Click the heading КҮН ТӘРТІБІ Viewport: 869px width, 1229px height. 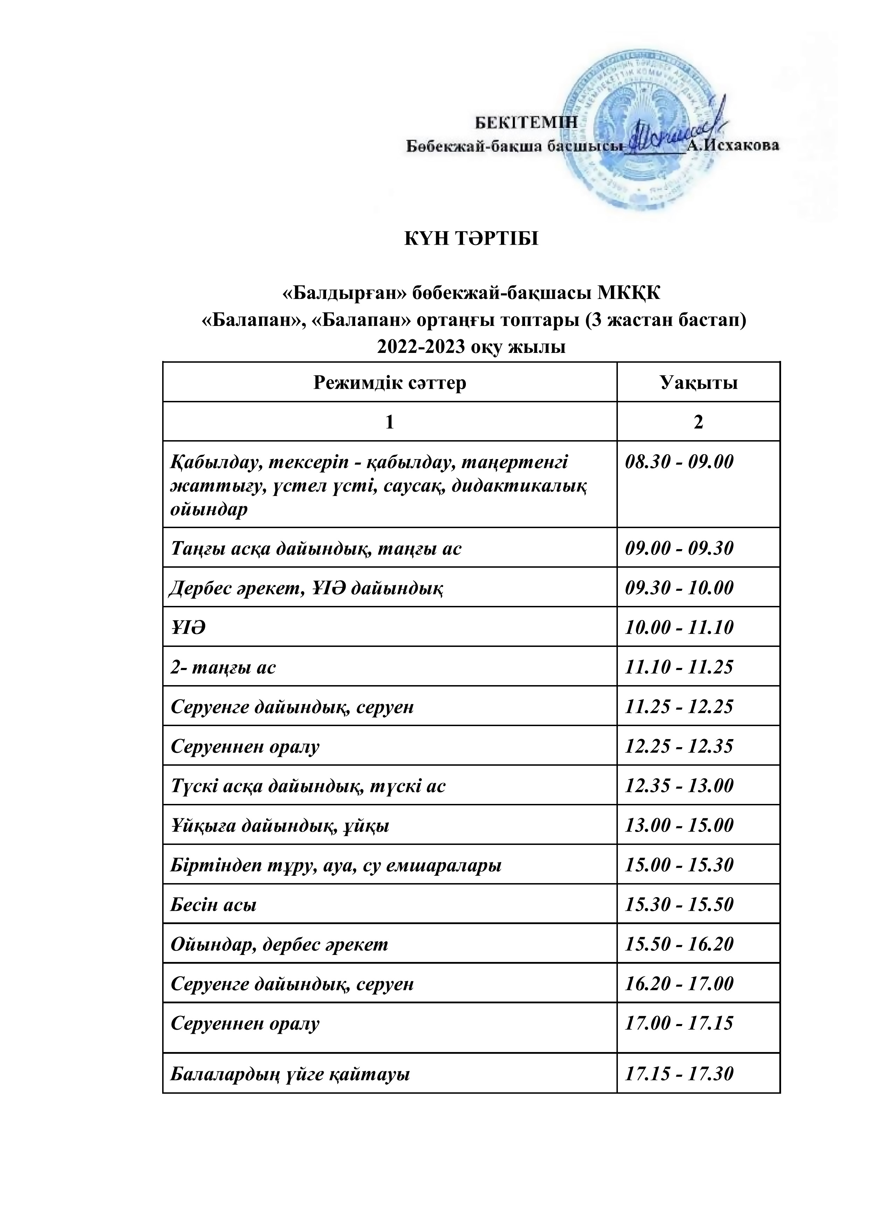[471, 239]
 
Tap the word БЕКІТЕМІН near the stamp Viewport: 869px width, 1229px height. [526, 122]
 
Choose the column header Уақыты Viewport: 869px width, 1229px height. [698, 383]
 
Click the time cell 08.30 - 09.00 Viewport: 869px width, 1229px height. [679, 462]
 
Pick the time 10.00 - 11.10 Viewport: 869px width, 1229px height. [679, 627]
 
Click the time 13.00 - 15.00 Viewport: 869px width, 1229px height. [679, 825]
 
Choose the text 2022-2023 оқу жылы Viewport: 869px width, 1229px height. [471, 347]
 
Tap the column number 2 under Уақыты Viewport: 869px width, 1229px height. [698, 422]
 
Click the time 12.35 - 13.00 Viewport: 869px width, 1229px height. [679, 786]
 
